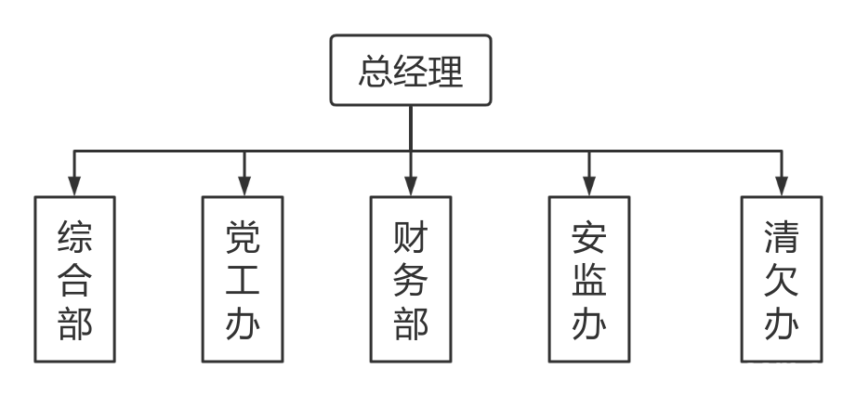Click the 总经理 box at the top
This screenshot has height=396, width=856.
click(x=410, y=71)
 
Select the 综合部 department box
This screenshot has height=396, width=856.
click(x=74, y=279)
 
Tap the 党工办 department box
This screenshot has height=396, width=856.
click(x=244, y=279)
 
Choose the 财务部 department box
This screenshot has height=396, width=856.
click(x=410, y=279)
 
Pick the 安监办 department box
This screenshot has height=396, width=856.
click(x=588, y=279)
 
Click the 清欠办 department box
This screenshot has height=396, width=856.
click(x=781, y=279)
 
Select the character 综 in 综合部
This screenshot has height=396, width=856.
click(x=74, y=238)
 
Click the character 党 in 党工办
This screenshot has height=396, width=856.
click(x=244, y=238)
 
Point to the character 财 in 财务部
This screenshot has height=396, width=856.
click(x=410, y=238)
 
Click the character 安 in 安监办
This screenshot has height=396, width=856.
click(x=588, y=238)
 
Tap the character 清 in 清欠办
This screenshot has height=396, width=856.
click(x=781, y=238)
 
